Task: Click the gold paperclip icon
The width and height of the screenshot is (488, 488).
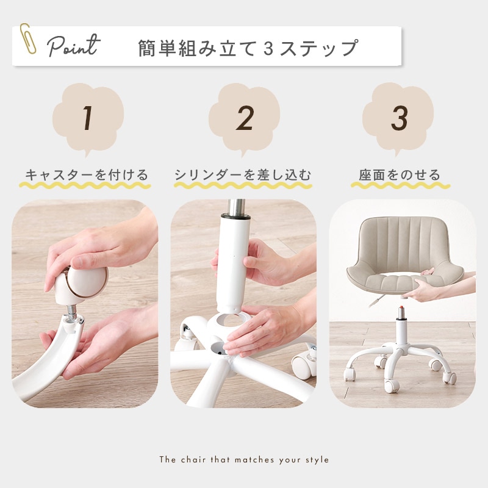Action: click(x=27, y=38)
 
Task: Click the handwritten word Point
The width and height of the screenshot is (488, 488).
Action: click(x=73, y=46)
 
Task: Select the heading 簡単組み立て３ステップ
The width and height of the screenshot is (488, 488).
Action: click(x=248, y=47)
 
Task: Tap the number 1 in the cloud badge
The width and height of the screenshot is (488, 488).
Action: click(x=88, y=118)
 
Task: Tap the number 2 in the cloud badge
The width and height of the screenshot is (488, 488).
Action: click(x=245, y=118)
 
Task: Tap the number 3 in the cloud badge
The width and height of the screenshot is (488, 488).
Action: click(x=399, y=118)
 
